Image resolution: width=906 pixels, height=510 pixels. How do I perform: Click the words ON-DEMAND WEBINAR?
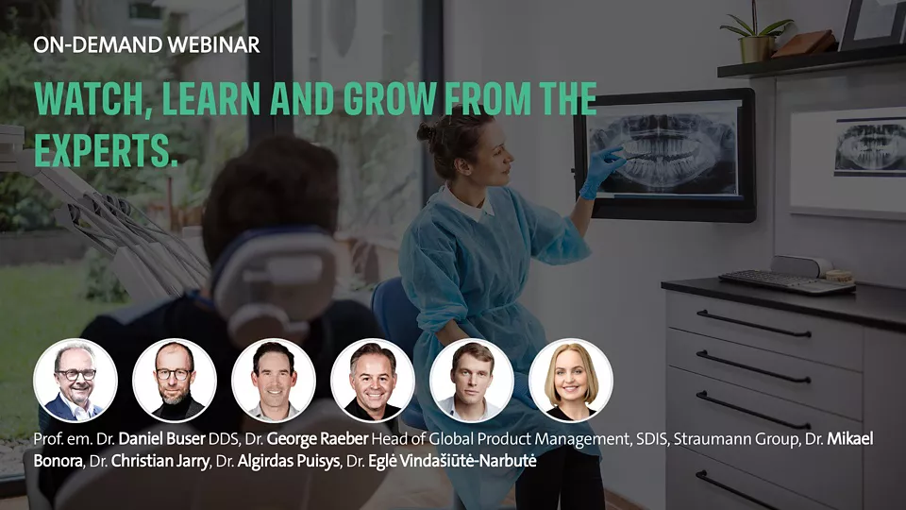[x=146, y=45]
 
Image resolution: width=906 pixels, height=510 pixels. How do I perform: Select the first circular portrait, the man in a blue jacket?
[x=75, y=381]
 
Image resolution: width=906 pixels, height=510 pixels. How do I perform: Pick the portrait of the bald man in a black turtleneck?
[x=175, y=381]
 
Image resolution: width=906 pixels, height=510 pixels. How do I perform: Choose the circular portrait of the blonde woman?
[x=571, y=381]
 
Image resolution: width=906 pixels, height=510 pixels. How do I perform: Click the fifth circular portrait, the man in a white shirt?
[x=472, y=381]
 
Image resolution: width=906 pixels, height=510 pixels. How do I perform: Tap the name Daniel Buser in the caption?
[x=161, y=439]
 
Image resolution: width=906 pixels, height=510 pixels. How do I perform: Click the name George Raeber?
[x=317, y=439]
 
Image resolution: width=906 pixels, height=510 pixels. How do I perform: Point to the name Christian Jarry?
[x=160, y=462]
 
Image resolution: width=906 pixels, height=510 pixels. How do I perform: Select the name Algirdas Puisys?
[x=289, y=462]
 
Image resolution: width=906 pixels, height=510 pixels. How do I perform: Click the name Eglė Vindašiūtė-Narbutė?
[x=452, y=462]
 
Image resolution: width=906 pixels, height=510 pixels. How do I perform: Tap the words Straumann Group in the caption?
[x=735, y=439]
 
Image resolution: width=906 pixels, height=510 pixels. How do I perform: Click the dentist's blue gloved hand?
[x=600, y=172]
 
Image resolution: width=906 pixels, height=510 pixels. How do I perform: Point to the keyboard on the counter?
[x=787, y=282]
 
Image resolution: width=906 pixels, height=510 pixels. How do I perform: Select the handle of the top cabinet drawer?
[x=753, y=324]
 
